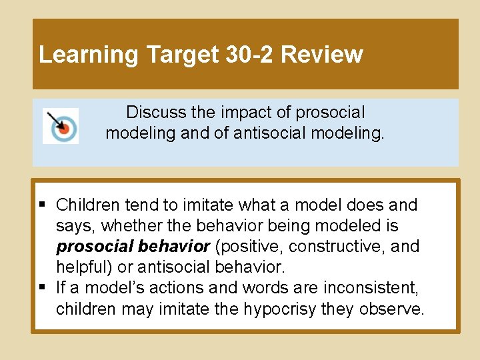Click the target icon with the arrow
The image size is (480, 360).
(61, 125)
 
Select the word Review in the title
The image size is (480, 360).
(322, 54)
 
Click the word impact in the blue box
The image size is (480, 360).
(246, 112)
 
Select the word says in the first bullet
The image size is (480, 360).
(71, 226)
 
